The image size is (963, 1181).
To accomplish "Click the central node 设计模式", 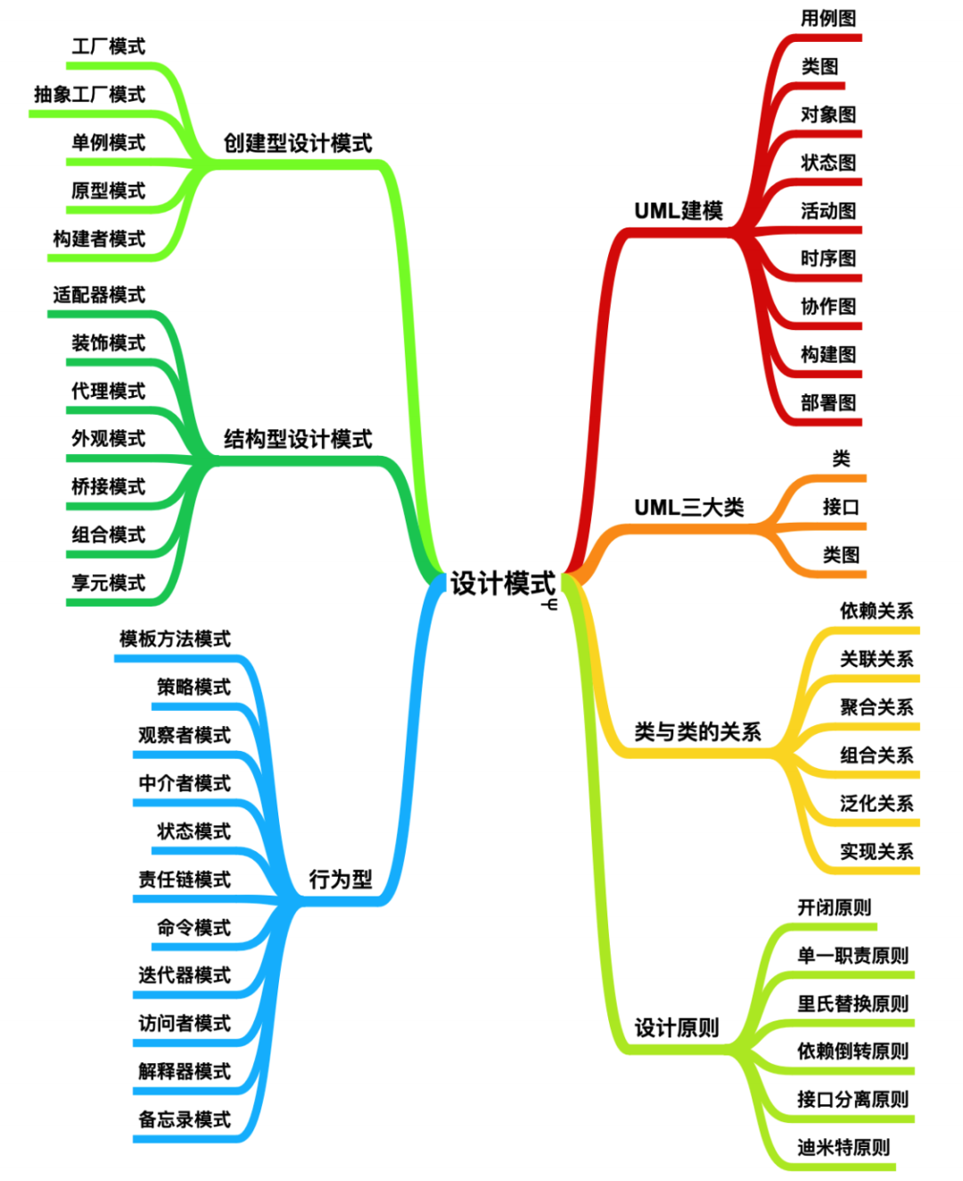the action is click(502, 583).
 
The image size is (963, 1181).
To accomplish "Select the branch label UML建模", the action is click(678, 211).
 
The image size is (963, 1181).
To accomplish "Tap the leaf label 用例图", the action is click(827, 19).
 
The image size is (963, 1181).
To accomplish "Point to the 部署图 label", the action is click(827, 402).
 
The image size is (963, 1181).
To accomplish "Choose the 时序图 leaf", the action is click(827, 259).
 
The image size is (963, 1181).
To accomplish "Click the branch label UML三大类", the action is click(688, 508).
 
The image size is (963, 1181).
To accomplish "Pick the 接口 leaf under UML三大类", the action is click(840, 507).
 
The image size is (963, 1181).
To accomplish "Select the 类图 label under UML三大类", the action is click(840, 555).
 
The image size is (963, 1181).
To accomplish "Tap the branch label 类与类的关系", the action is click(697, 731).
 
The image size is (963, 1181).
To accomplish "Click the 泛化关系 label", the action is click(877, 804).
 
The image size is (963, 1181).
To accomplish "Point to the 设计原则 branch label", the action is click(677, 1028).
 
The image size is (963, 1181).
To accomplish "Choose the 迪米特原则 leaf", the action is click(844, 1147).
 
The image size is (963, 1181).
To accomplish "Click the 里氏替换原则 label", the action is click(852, 1003).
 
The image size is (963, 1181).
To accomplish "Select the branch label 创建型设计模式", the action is click(297, 144).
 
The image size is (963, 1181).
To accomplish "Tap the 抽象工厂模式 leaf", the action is click(89, 95).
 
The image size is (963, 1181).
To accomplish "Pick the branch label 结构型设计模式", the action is click(297, 439).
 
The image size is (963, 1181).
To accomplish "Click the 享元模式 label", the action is click(108, 583).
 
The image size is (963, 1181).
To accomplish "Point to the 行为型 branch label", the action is click(341, 880).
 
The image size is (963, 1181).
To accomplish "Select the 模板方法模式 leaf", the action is click(175, 639).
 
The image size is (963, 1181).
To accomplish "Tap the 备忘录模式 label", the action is click(185, 1119).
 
